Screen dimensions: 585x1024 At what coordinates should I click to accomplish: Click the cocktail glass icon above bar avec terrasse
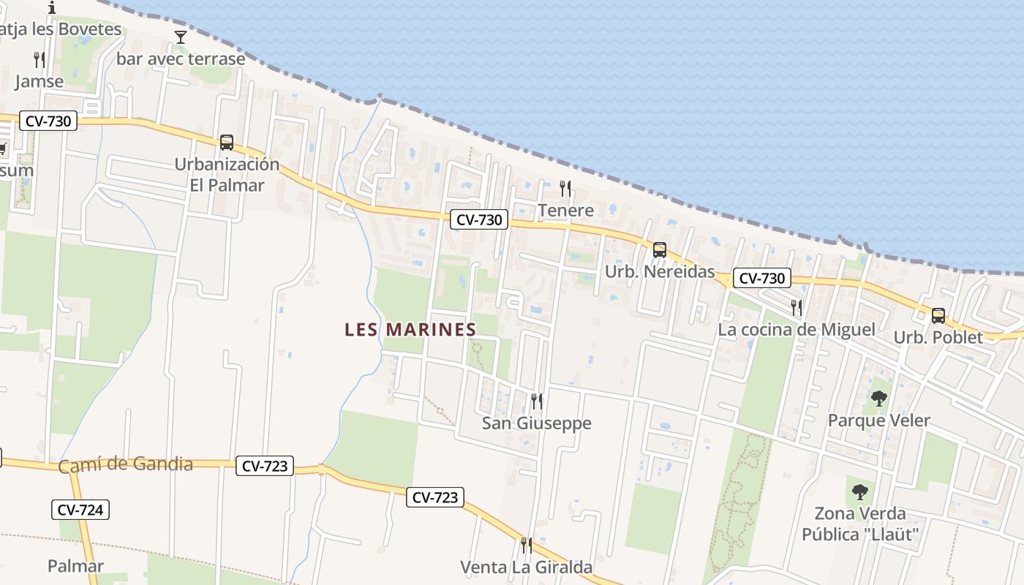pos(181,37)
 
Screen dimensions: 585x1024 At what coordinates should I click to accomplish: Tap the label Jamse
pos(39,81)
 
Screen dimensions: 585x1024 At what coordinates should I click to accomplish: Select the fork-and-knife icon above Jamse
pos(39,60)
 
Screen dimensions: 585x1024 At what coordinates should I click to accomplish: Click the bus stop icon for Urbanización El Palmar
pos(227,143)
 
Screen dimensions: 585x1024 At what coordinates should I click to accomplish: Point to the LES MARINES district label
pos(410,330)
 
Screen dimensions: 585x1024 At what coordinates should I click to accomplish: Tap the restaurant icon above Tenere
pos(565,189)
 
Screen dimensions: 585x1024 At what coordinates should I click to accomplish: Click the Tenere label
pos(565,211)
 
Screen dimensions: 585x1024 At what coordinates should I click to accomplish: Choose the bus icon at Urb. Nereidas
pos(660,250)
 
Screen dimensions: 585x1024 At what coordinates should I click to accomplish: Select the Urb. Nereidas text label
pos(660,272)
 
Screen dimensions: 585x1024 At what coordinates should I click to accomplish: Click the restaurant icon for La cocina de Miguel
pos(797,308)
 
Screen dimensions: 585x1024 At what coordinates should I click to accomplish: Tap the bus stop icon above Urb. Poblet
pos(938,316)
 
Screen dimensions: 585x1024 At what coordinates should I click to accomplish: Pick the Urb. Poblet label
pos(938,338)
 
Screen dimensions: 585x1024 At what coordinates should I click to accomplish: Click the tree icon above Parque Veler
pos(879,399)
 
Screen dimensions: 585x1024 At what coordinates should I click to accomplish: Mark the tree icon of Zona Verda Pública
pos(860,491)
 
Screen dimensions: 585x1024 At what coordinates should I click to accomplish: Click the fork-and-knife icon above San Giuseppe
pos(537,401)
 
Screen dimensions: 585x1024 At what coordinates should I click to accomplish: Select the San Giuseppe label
pos(537,423)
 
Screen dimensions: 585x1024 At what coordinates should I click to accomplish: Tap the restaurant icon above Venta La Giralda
pos(526,545)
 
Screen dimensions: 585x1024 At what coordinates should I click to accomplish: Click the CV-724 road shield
pos(80,510)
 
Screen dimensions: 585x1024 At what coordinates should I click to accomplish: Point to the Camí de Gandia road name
pos(125,464)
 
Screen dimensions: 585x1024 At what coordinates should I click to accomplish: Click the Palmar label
pos(75,565)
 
